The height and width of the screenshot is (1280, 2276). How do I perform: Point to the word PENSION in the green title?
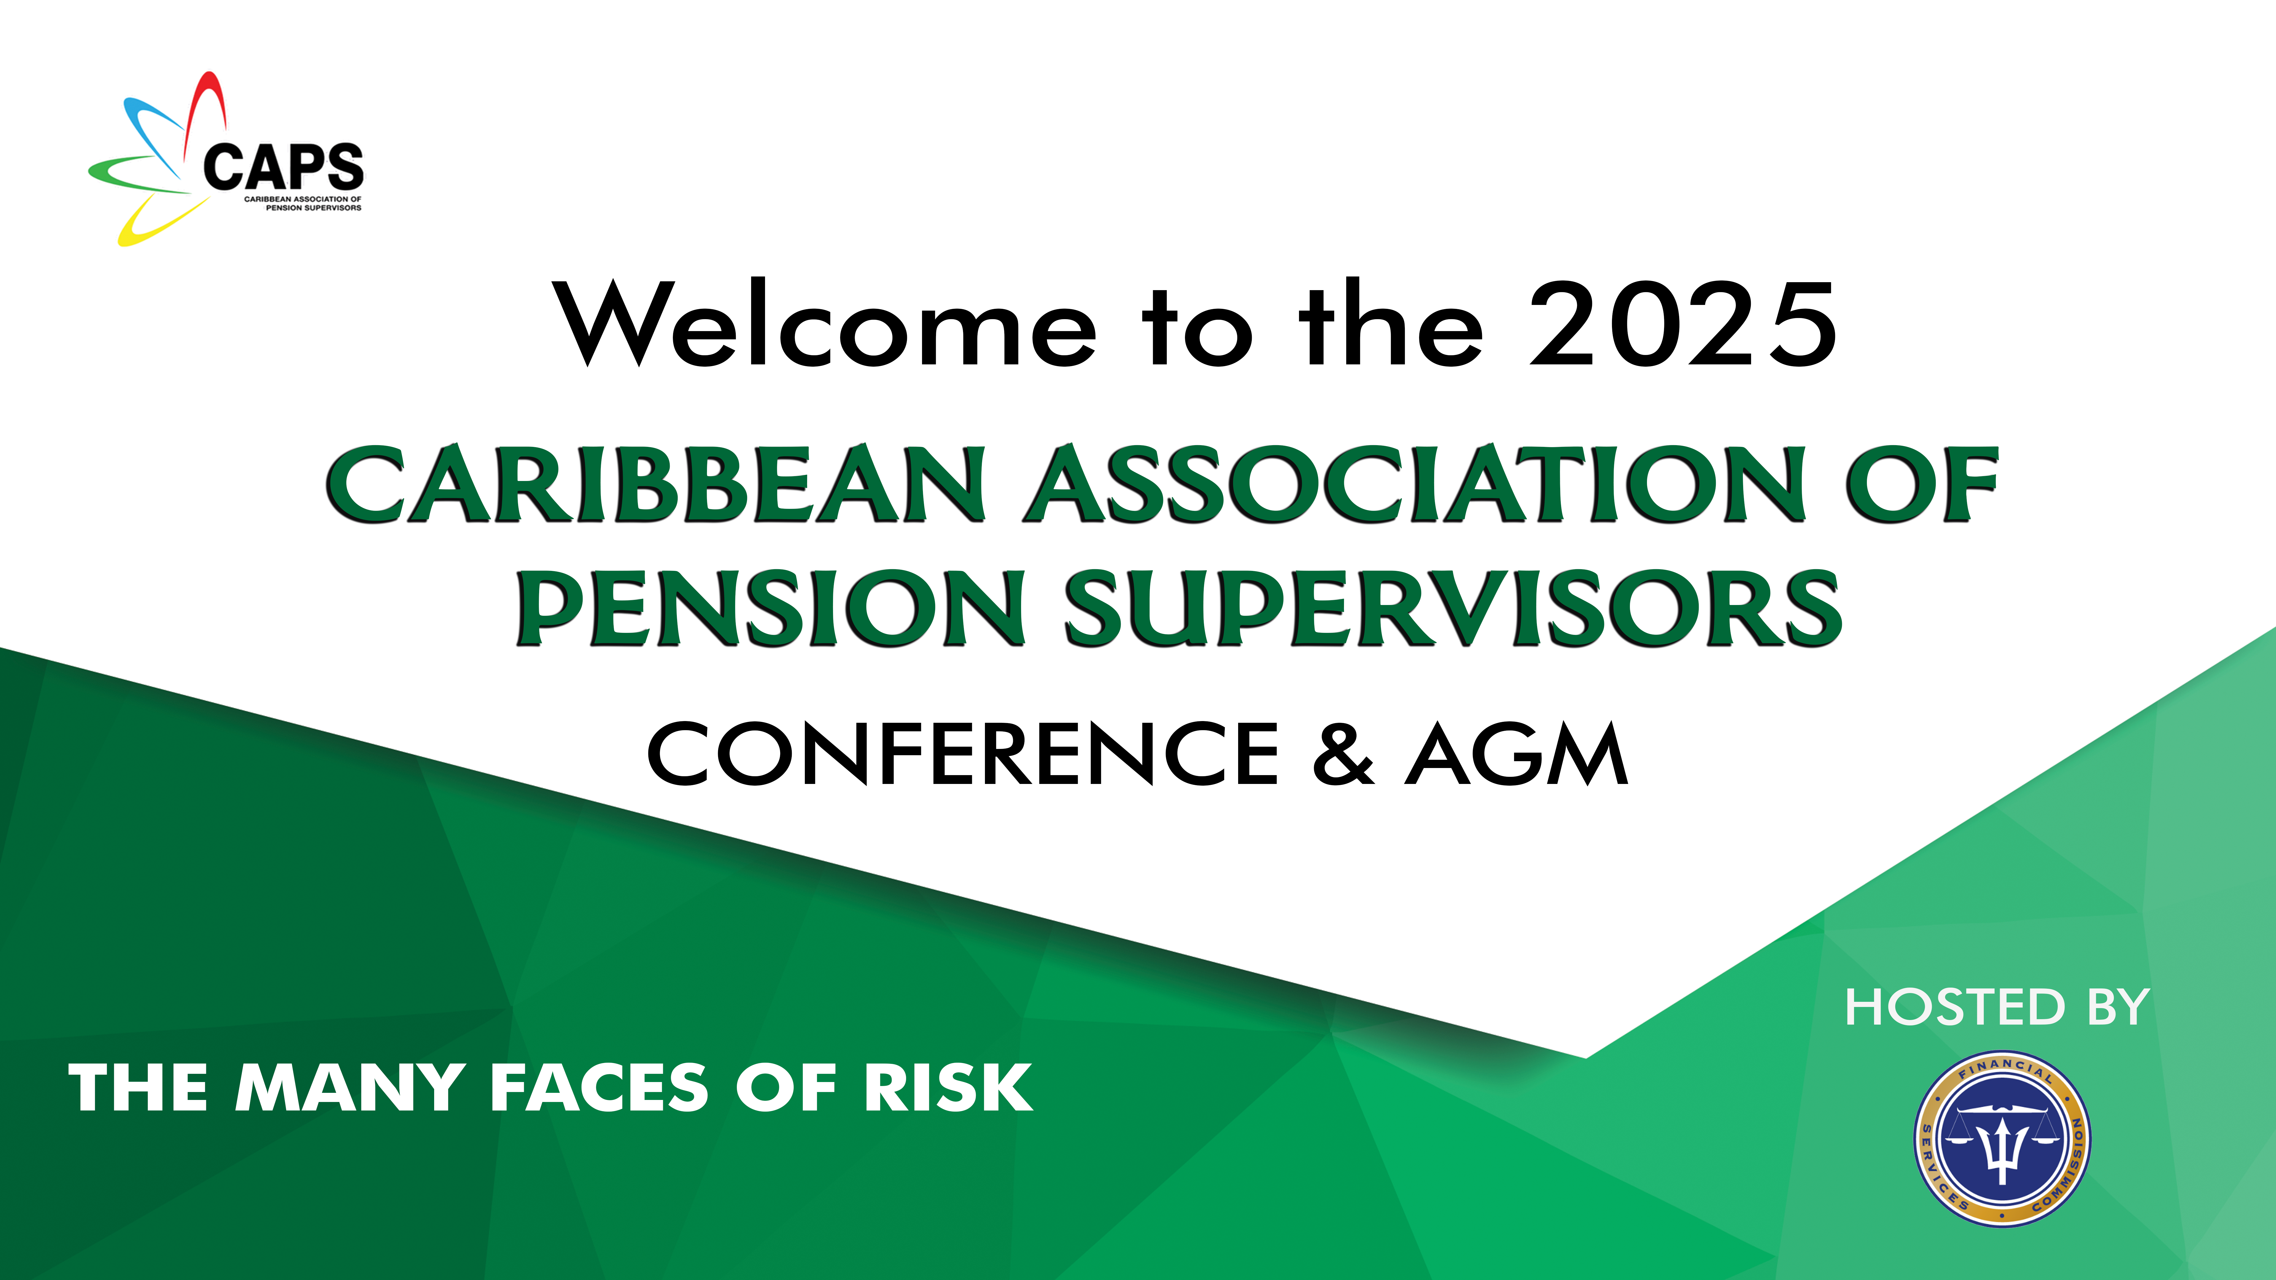[770, 608]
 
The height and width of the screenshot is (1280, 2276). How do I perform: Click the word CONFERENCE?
[963, 753]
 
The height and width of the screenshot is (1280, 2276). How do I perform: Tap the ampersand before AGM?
[1343, 753]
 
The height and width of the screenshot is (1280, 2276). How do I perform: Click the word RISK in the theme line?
[947, 1087]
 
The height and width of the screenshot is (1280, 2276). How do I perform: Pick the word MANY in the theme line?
[350, 1087]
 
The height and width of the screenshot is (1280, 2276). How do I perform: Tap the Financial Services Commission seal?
[2002, 1139]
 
